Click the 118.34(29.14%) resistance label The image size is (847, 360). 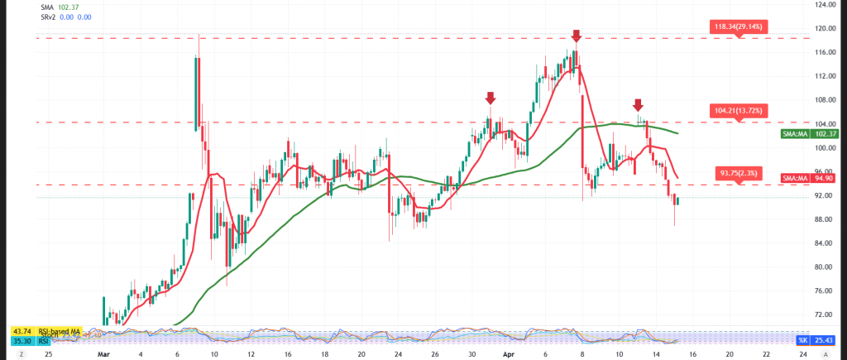741,27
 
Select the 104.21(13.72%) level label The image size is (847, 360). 741,110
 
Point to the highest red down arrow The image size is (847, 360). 577,36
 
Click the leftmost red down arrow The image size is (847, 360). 490,98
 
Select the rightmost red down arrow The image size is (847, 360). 638,104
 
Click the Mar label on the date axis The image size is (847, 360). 103,353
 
